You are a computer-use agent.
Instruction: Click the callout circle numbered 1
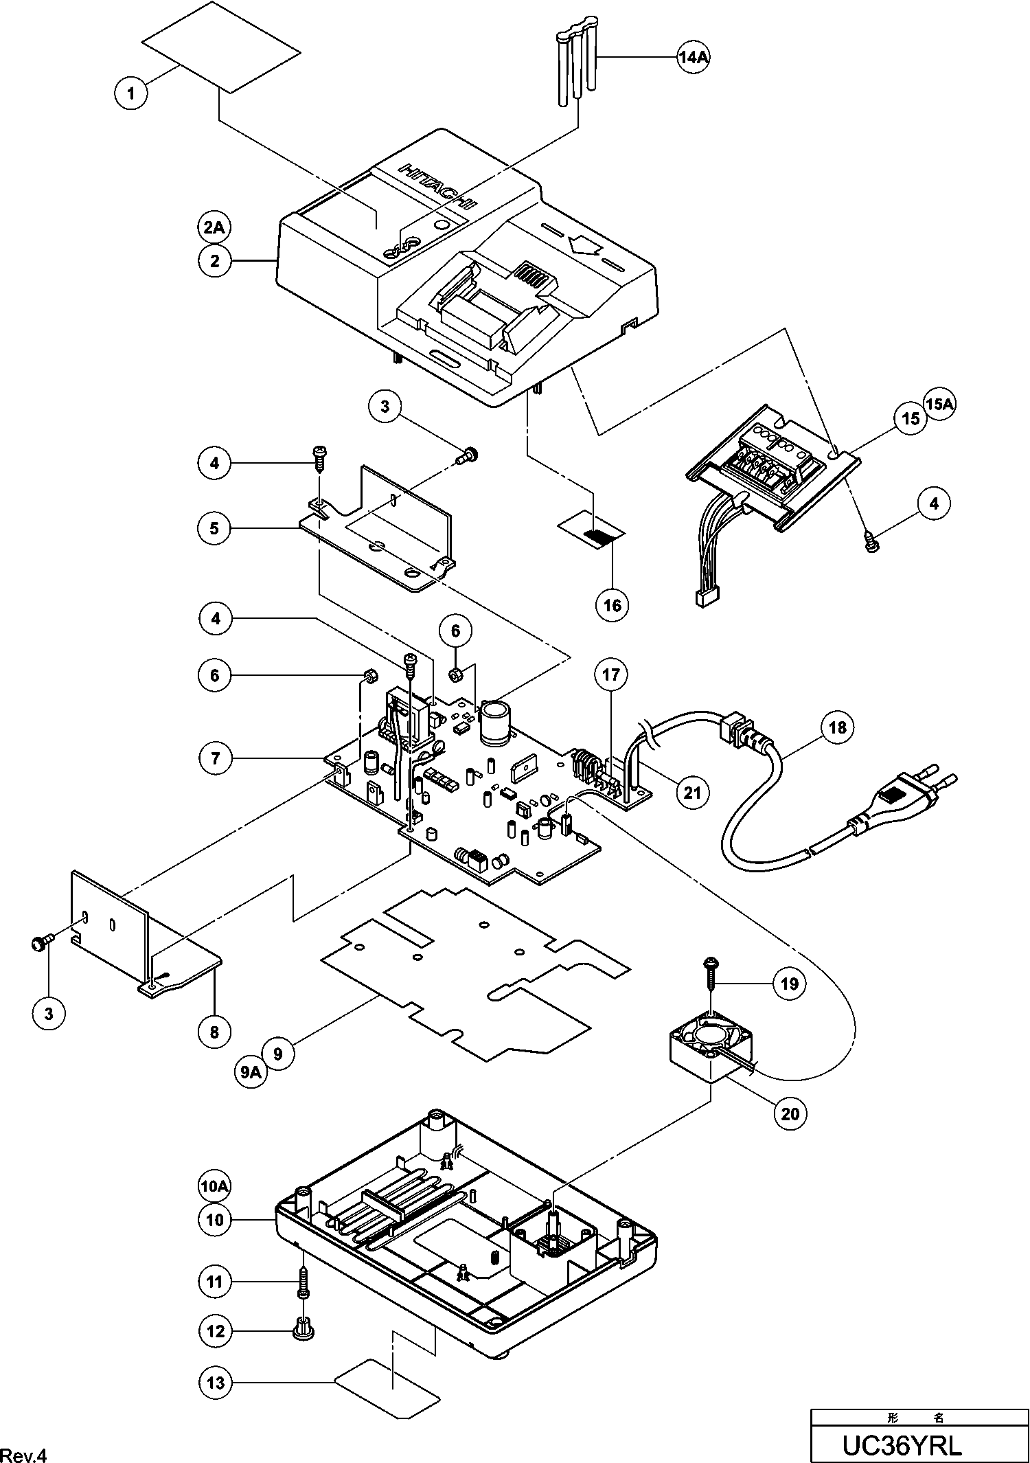131,92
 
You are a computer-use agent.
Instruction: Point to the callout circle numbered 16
612,604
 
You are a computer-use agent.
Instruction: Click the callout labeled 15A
940,405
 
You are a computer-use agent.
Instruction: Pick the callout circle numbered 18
838,727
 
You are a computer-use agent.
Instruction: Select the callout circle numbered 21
692,792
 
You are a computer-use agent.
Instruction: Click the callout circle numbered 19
790,984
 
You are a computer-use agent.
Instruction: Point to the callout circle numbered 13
216,1382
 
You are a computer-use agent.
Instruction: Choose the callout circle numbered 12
216,1331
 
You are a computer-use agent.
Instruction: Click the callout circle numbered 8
214,1031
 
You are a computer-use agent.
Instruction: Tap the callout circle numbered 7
216,758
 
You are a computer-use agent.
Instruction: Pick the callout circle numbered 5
214,528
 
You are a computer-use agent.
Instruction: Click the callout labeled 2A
214,227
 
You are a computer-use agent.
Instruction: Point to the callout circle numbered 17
611,675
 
